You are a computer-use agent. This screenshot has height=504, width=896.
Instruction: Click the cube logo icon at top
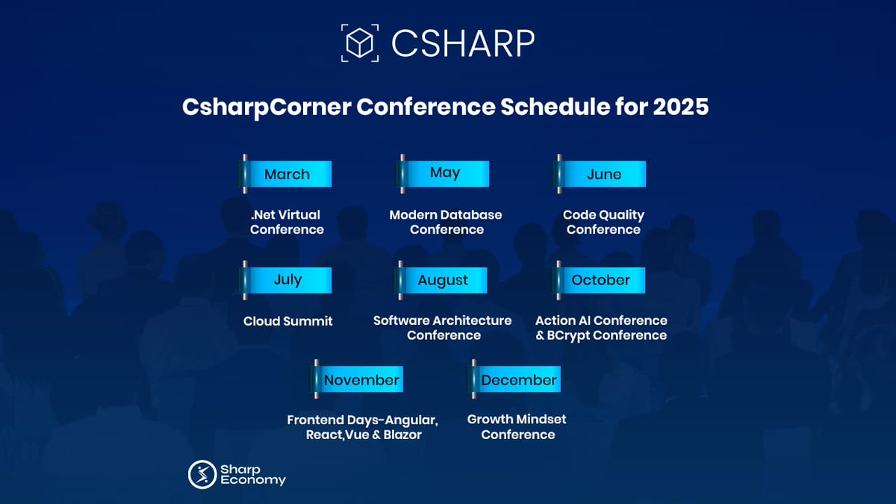(360, 43)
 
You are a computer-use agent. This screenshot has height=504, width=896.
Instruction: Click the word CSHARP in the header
(463, 43)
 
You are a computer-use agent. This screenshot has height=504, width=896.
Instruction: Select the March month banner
(285, 174)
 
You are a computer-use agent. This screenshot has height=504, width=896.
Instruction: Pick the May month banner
(443, 174)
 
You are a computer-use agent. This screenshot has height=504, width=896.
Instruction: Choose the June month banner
(600, 174)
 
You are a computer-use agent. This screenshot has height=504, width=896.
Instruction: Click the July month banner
(285, 280)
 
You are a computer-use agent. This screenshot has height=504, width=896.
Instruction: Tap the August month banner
(441, 280)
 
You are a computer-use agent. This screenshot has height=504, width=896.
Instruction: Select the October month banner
(599, 280)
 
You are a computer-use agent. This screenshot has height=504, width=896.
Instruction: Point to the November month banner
(357, 379)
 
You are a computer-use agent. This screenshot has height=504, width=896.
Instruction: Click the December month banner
(514, 379)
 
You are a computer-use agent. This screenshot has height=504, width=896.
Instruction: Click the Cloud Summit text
(288, 321)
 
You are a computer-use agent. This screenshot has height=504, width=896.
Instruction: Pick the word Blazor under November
(402, 435)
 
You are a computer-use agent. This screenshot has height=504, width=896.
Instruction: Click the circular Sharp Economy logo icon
(202, 474)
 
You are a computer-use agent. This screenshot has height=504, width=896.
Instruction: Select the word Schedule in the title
(556, 107)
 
